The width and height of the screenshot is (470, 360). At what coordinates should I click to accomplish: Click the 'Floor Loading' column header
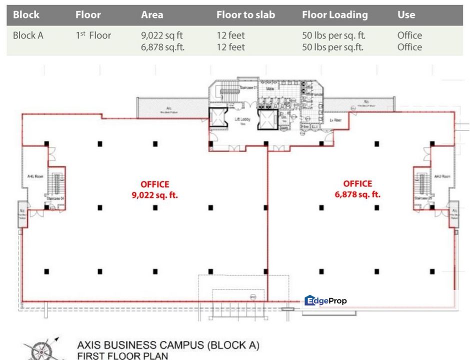(334, 15)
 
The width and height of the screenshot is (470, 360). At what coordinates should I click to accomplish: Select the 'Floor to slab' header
(245, 15)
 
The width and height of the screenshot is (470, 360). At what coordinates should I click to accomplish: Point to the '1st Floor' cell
(93, 35)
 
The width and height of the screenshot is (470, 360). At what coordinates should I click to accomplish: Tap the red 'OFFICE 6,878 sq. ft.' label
(357, 189)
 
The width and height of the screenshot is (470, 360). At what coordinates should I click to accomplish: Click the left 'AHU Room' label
(35, 176)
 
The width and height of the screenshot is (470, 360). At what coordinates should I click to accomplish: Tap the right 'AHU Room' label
(442, 176)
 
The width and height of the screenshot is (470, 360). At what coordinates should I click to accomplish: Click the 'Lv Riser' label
(334, 120)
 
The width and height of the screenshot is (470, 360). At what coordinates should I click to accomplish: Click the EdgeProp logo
(325, 300)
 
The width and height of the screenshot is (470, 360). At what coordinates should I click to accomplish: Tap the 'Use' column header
(406, 15)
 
